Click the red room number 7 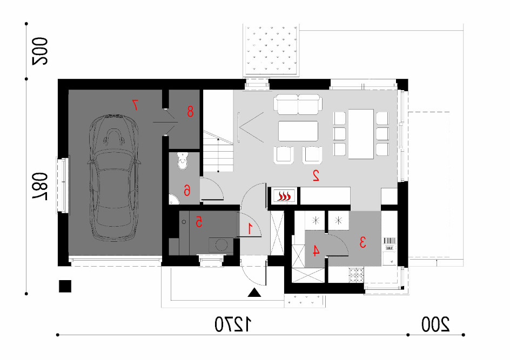tap(135, 105)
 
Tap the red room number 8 tap(190, 111)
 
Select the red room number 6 tap(187, 190)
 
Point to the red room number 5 tap(199, 222)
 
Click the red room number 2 tap(316, 175)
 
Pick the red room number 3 tap(363, 242)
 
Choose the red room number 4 tap(316, 250)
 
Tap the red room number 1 tap(250, 228)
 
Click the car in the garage tap(114, 178)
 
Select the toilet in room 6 tap(183, 160)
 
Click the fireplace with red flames tap(283, 196)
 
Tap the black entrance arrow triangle tap(254, 293)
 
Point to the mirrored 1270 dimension tap(233, 324)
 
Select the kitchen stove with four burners tap(356, 275)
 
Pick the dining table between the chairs tap(361, 134)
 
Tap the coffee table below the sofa tap(298, 131)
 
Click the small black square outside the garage tap(65, 286)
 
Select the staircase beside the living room tap(218, 151)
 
